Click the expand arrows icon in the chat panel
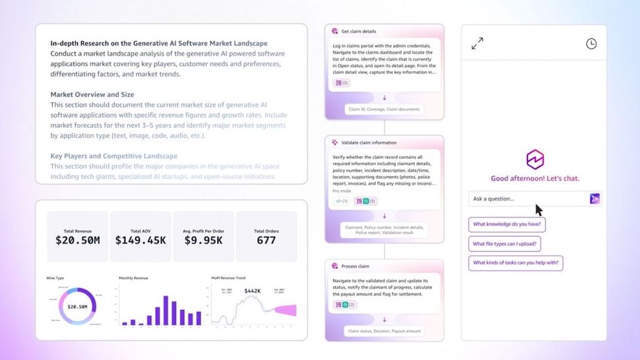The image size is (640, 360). pyautogui.click(x=478, y=44)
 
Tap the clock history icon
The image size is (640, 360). pyautogui.click(x=591, y=44)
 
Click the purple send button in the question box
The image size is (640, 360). pyautogui.click(x=594, y=198)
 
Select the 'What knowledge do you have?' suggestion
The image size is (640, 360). pyautogui.click(x=507, y=224)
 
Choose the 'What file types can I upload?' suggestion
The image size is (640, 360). pyautogui.click(x=505, y=244)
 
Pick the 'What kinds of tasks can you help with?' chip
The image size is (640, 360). pyautogui.click(x=516, y=263)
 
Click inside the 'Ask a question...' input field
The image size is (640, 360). pyautogui.click(x=528, y=198)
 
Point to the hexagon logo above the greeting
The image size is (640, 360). pyautogui.click(x=534, y=160)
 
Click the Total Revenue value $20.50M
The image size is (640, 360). pyautogui.click(x=77, y=241)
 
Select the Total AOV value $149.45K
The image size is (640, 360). pyautogui.click(x=141, y=241)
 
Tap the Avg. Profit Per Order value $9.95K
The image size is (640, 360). pyautogui.click(x=203, y=241)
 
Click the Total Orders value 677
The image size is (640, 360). pyautogui.click(x=266, y=241)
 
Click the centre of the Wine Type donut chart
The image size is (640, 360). pyautogui.click(x=77, y=307)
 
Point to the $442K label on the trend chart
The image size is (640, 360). pyautogui.click(x=253, y=291)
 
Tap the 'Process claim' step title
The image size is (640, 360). pyautogui.click(x=355, y=266)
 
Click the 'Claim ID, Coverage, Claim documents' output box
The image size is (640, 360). pyautogui.click(x=384, y=109)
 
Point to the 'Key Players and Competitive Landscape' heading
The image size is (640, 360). pyautogui.click(x=113, y=156)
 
